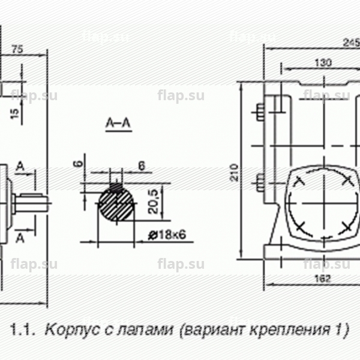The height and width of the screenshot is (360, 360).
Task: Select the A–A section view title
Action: coord(118,124)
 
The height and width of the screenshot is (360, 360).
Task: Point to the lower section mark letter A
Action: coord(21,238)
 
